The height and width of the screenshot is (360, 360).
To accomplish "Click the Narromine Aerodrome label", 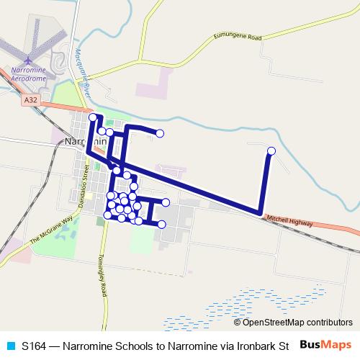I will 30,74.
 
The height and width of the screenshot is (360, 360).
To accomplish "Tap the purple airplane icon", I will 28,59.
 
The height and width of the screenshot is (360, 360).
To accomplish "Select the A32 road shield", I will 30,102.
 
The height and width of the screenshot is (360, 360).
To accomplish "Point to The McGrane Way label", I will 52,231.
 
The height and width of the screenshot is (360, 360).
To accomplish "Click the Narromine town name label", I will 85,142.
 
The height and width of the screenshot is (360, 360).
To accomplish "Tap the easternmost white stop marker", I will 271,150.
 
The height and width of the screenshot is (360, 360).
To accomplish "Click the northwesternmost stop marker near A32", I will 93,117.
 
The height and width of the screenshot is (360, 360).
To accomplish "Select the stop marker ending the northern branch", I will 160,133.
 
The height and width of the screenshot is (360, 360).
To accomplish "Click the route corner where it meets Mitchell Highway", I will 260,212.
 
